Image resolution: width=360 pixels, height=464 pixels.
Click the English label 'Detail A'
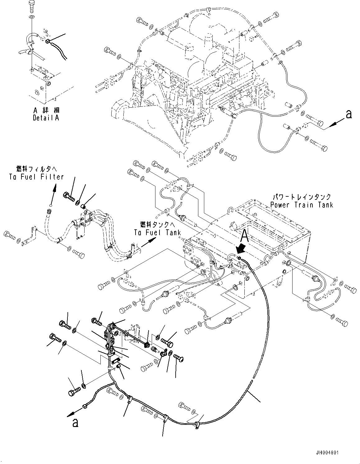click(46, 118)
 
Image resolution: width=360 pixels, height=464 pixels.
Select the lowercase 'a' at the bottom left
click(75, 423)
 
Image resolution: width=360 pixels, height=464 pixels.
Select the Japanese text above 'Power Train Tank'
click(302, 197)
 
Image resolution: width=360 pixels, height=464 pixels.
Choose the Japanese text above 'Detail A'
click(46, 110)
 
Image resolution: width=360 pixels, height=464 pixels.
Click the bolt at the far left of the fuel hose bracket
click(10, 235)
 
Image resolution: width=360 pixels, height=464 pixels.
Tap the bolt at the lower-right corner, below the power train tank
click(342, 322)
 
